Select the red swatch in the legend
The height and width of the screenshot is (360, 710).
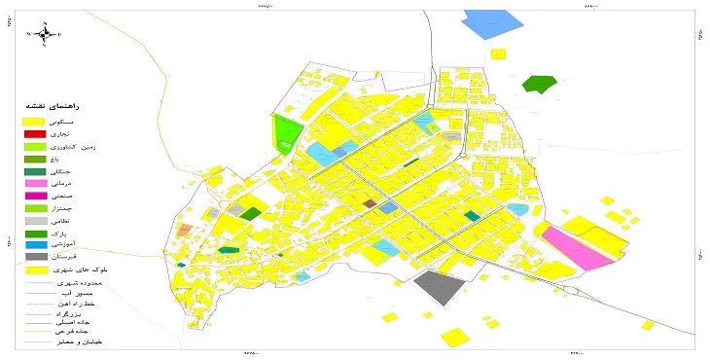[x=36, y=133]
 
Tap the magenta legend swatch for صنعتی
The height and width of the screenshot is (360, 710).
[x=36, y=196]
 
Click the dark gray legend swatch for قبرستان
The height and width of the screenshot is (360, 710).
[x=36, y=257]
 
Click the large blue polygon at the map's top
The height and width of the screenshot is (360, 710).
[x=493, y=23]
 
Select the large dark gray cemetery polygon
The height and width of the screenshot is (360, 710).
[x=441, y=288]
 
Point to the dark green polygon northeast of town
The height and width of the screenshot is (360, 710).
[x=536, y=84]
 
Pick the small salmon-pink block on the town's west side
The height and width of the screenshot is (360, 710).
[x=185, y=231]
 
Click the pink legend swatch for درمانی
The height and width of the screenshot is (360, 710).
[x=36, y=183]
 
